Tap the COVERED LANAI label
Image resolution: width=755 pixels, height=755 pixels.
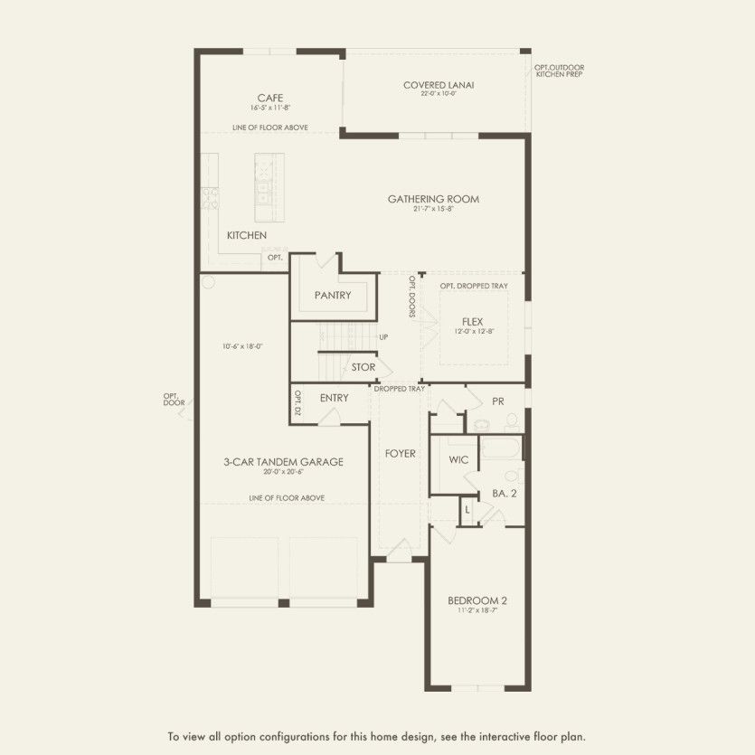tap(439, 86)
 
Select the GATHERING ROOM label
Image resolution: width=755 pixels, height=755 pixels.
tap(433, 199)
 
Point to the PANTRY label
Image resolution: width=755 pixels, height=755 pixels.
tap(332, 296)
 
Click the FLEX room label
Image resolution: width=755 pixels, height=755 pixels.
tap(472, 321)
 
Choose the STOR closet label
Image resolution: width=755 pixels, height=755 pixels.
tap(363, 367)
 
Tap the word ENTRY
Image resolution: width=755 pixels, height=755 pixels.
tap(334, 398)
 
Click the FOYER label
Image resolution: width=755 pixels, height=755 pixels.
tap(400, 453)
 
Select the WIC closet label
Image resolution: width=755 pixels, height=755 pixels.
tap(458, 460)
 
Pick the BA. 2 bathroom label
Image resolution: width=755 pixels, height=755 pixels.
tap(504, 493)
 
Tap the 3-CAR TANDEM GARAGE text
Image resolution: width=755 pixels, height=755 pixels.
tap(283, 462)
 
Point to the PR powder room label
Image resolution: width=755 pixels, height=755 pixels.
tap(497, 401)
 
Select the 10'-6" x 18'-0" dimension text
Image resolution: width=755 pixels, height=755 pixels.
tap(241, 346)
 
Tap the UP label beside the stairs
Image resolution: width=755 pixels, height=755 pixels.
tap(383, 337)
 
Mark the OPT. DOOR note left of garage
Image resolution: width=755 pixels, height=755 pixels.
tap(174, 399)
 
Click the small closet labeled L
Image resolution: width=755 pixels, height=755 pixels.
tap(467, 509)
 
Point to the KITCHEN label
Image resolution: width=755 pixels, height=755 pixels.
tap(246, 235)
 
